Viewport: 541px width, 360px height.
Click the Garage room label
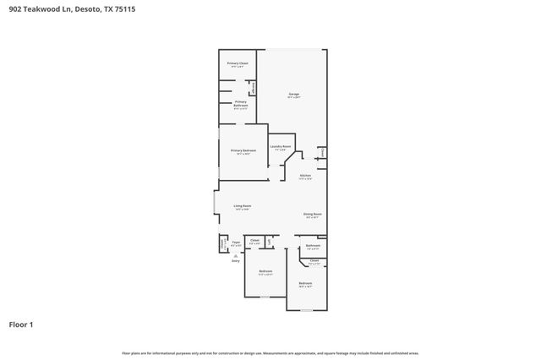[x=294, y=94]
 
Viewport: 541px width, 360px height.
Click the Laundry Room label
[x=281, y=147]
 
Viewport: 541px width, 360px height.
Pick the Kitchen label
[x=305, y=176]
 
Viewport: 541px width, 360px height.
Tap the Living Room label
[x=243, y=206]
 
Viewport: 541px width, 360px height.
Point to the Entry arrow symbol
[x=236, y=254]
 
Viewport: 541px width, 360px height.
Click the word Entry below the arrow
[x=236, y=260]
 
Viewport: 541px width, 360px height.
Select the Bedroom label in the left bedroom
[x=265, y=271]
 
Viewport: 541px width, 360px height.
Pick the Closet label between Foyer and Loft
[x=254, y=241]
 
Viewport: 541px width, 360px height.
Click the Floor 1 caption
[x=21, y=324]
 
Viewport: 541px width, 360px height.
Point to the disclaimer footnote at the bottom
[x=270, y=352]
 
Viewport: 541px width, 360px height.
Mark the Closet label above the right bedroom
[x=314, y=261]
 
